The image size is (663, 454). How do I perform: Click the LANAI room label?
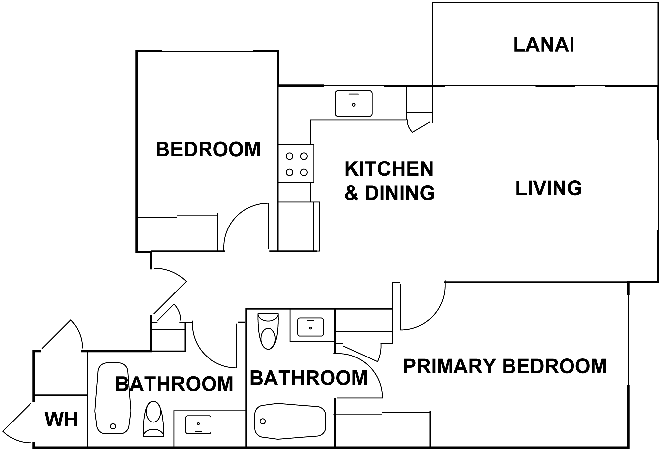coord(544,45)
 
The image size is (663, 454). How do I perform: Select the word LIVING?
coord(549,188)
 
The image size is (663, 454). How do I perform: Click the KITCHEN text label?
coord(389,169)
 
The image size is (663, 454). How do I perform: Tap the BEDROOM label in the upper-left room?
coord(208,149)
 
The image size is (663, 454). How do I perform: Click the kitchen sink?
coord(353,103)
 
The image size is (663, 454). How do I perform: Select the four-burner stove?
coord(296,163)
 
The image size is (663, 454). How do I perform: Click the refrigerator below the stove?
coord(299,226)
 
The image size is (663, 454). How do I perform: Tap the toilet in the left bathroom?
coord(153,419)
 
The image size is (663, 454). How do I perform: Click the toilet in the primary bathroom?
coord(268,331)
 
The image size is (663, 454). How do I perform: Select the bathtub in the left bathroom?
coord(113,399)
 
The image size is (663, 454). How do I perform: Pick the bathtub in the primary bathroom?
coord(290,421)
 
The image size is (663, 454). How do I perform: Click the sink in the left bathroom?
coord(198,425)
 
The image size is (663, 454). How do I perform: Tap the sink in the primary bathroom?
coord(311,327)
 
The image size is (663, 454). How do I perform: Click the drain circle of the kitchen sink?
coord(354,105)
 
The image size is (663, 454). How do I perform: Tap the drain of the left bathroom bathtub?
coord(113,426)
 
